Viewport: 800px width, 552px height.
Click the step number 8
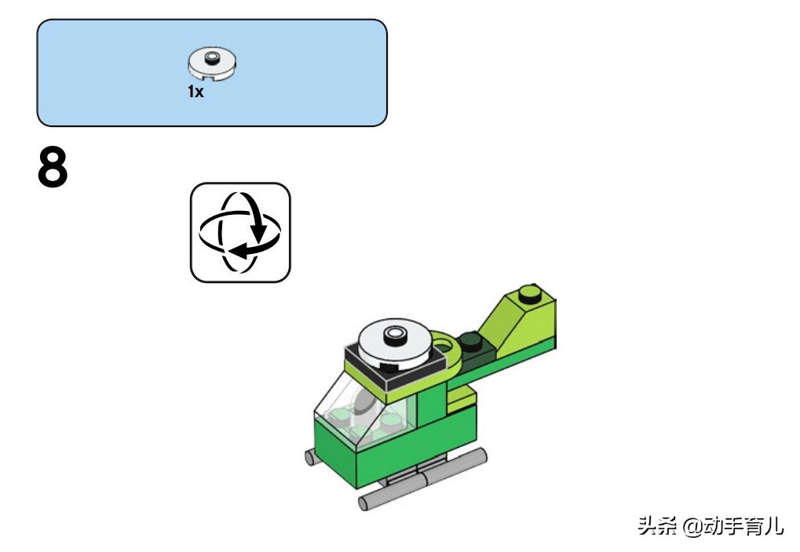point(52,167)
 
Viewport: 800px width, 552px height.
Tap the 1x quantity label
point(195,92)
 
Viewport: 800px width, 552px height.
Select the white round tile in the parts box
point(212,64)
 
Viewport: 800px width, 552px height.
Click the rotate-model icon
point(240,232)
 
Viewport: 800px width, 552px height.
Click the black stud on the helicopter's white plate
point(394,335)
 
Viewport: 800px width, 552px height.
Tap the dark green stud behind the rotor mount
point(471,340)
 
